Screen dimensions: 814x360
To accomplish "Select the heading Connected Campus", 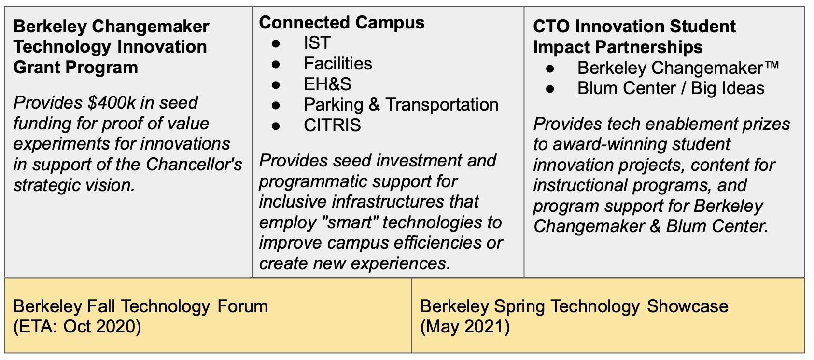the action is [342, 23].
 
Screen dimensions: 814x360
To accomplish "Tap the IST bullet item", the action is [317, 43].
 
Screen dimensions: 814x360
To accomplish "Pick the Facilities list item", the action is [338, 64].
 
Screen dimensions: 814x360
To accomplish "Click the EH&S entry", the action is [327, 84].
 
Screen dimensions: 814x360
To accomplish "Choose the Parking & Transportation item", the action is [401, 105].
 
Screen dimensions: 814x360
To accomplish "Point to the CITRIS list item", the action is [332, 125].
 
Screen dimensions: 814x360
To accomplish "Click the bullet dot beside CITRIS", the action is [276, 126].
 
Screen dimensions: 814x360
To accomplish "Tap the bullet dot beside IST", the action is [276, 43].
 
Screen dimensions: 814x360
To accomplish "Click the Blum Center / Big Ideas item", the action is [671, 88].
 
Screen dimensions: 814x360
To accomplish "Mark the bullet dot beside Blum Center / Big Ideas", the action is [550, 89].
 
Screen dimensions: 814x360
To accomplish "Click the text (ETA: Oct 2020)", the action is [77, 327].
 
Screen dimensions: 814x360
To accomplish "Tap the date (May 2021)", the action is [465, 327].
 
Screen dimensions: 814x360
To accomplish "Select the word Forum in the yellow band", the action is [242, 306].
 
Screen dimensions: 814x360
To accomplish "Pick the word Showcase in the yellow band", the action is [688, 306].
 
